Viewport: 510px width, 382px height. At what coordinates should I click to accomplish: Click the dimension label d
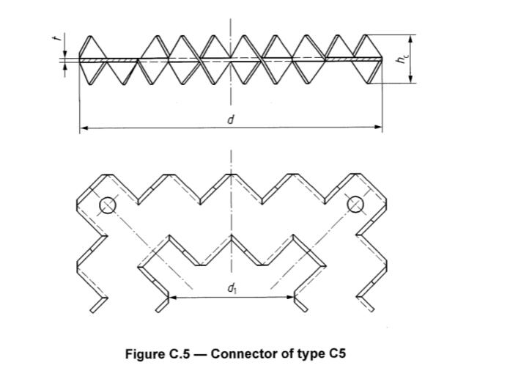point(231,119)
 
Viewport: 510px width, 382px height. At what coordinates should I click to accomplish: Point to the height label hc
point(402,59)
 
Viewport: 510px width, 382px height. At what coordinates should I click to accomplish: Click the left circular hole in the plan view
point(108,205)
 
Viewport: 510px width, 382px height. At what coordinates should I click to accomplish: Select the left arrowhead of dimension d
point(83,128)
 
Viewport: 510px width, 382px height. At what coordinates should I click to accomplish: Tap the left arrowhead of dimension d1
point(173,298)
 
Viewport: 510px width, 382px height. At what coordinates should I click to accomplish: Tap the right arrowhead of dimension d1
point(291,298)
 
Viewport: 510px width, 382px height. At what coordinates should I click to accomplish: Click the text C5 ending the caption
point(336,354)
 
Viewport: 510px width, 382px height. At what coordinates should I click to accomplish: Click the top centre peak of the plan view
point(232,176)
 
